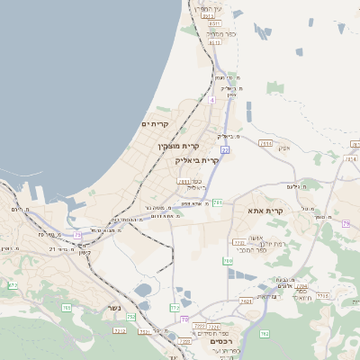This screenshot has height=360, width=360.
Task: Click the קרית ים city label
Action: click(x=156, y=123)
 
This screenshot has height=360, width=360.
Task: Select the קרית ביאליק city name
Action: click(x=197, y=159)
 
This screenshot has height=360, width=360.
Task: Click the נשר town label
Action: click(x=114, y=307)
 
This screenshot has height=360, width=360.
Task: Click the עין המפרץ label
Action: click(x=210, y=8)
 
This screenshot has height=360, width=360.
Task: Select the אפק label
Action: click(x=284, y=148)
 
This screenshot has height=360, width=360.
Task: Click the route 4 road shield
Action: click(x=212, y=100)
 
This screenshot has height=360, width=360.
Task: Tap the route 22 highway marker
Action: click(x=225, y=150)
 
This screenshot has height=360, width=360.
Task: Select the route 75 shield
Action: click(x=78, y=235)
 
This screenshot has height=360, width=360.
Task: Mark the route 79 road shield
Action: click(x=346, y=222)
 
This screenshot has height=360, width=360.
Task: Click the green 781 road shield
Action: click(x=217, y=202)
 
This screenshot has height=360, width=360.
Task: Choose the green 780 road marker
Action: click(x=228, y=261)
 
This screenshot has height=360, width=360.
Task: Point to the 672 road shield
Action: click(x=13, y=285)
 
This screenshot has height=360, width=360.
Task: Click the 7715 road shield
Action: click(x=322, y=295)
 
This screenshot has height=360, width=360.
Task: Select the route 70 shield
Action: click(x=184, y=319)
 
